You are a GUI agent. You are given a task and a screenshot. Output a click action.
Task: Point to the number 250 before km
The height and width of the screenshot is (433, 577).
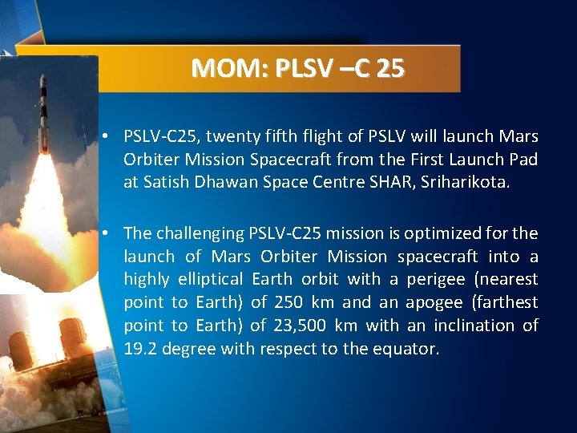(288, 303)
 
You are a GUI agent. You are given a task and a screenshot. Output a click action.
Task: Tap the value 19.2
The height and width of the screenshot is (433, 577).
(139, 350)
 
